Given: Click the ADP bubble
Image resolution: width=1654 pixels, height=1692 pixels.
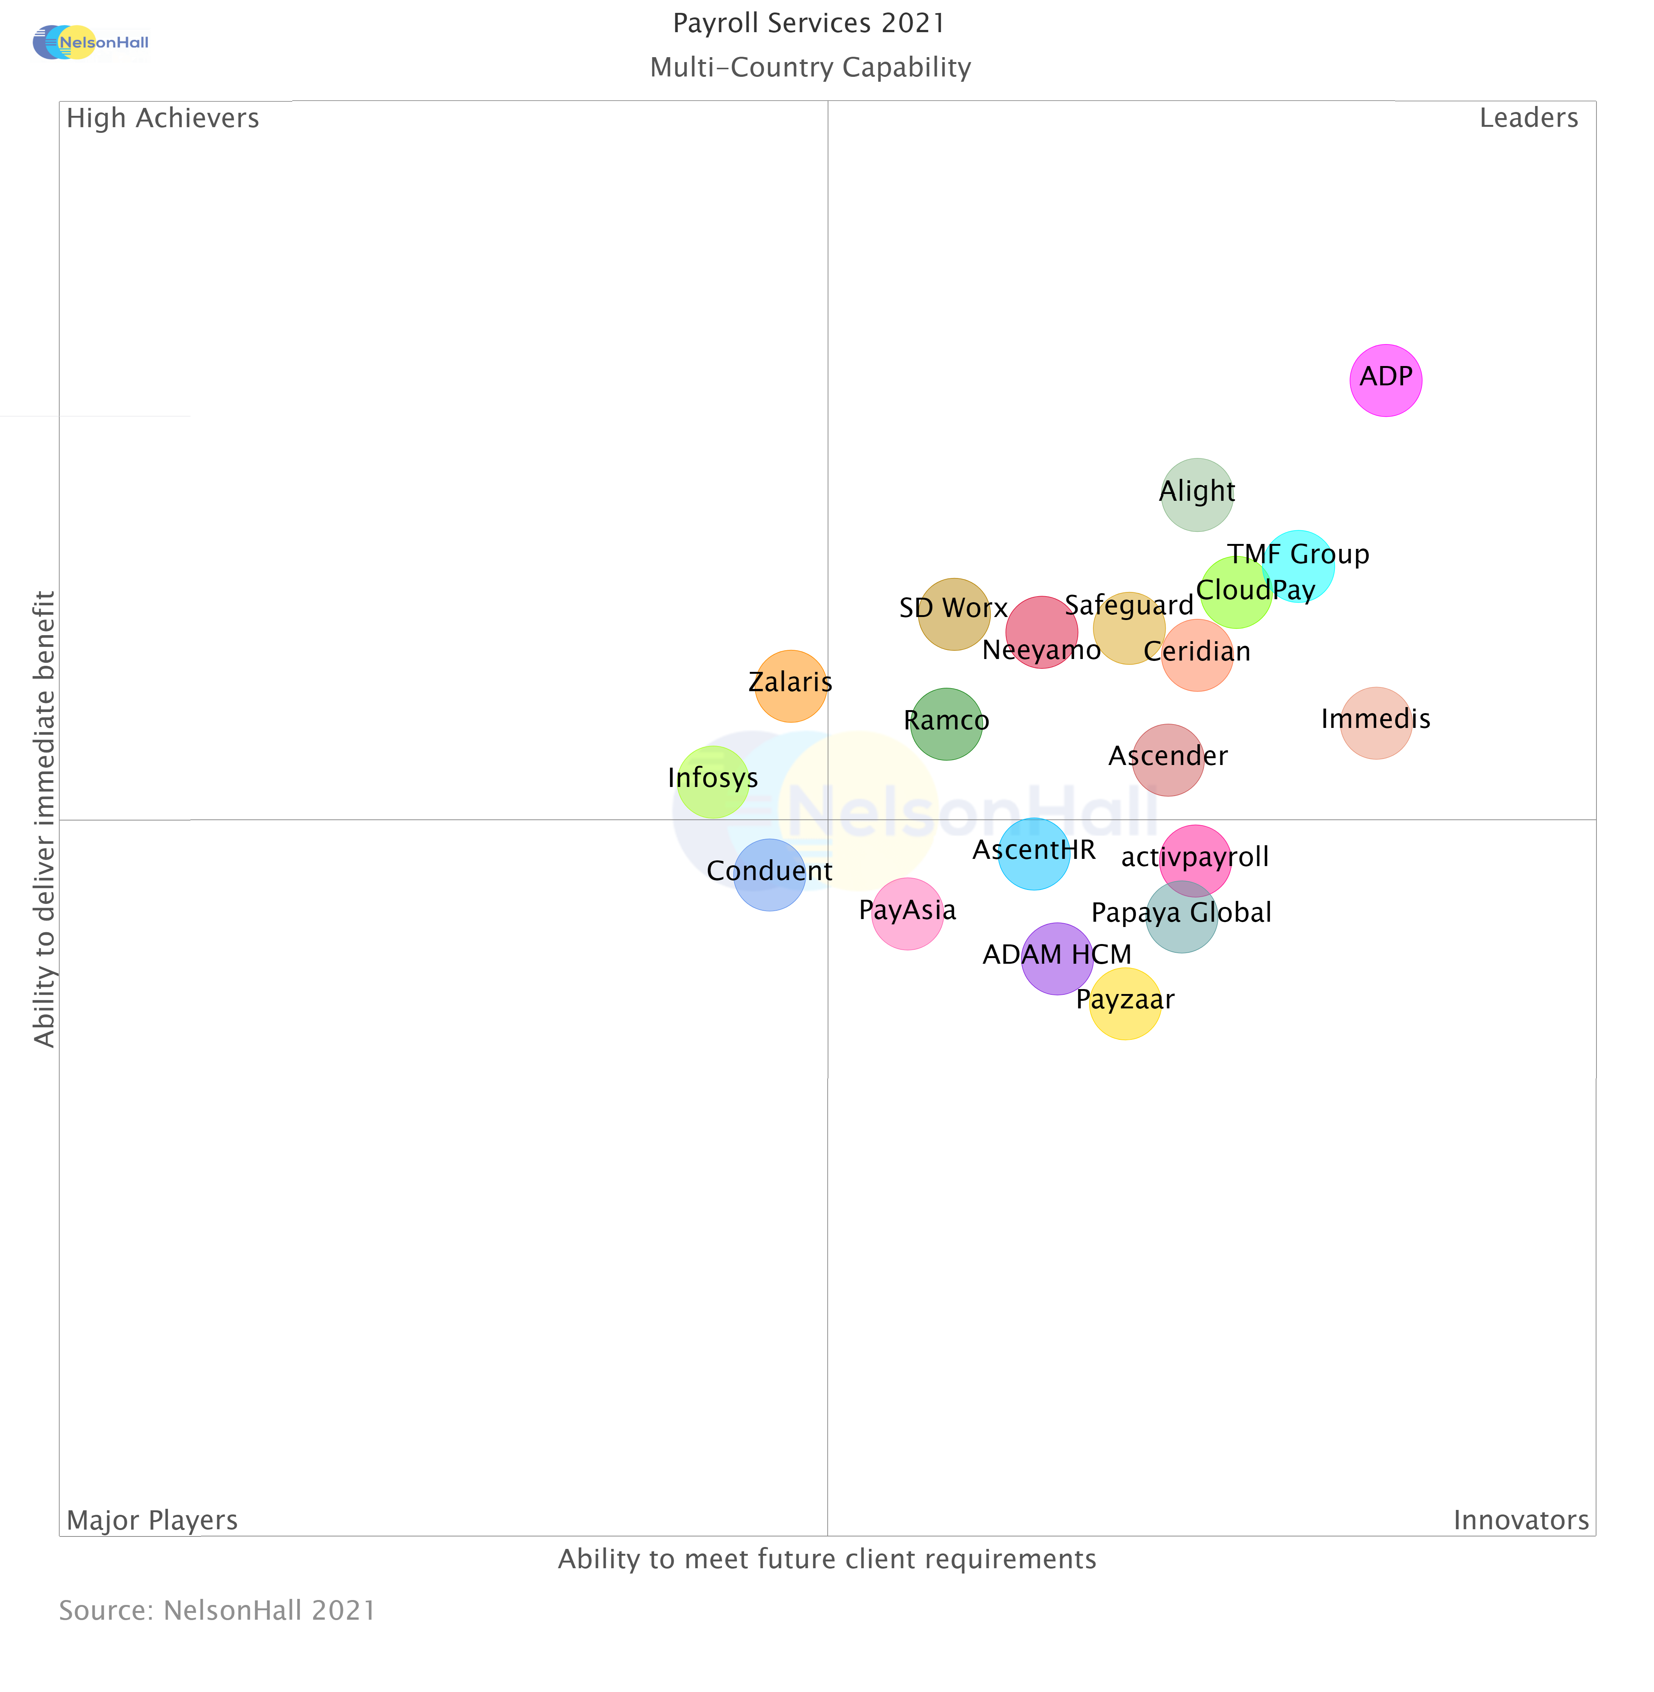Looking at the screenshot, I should coord(1386,380).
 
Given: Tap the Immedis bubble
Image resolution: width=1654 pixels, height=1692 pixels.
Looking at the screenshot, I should coord(1376,723).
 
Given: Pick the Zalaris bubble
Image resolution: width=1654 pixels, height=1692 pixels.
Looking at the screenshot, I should coord(790,686).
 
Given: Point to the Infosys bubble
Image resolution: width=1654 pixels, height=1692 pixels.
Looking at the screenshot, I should coord(712,782).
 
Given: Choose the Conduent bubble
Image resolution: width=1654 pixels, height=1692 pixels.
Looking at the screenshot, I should coord(770,875).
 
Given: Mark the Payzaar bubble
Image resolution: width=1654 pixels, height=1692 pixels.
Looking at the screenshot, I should coord(1125,1004).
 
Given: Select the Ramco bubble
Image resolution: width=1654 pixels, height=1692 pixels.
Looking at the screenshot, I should coord(947,724).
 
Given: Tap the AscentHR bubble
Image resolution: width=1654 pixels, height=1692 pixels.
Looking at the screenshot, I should coord(1034,854).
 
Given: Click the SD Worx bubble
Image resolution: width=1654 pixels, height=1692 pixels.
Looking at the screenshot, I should coord(954,613).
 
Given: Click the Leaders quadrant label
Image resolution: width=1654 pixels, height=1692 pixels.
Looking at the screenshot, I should coord(1528,118).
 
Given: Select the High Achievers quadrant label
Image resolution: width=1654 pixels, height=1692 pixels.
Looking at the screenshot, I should coord(162,118).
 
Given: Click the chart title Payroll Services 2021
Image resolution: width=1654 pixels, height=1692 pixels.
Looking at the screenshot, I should coord(809,23).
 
